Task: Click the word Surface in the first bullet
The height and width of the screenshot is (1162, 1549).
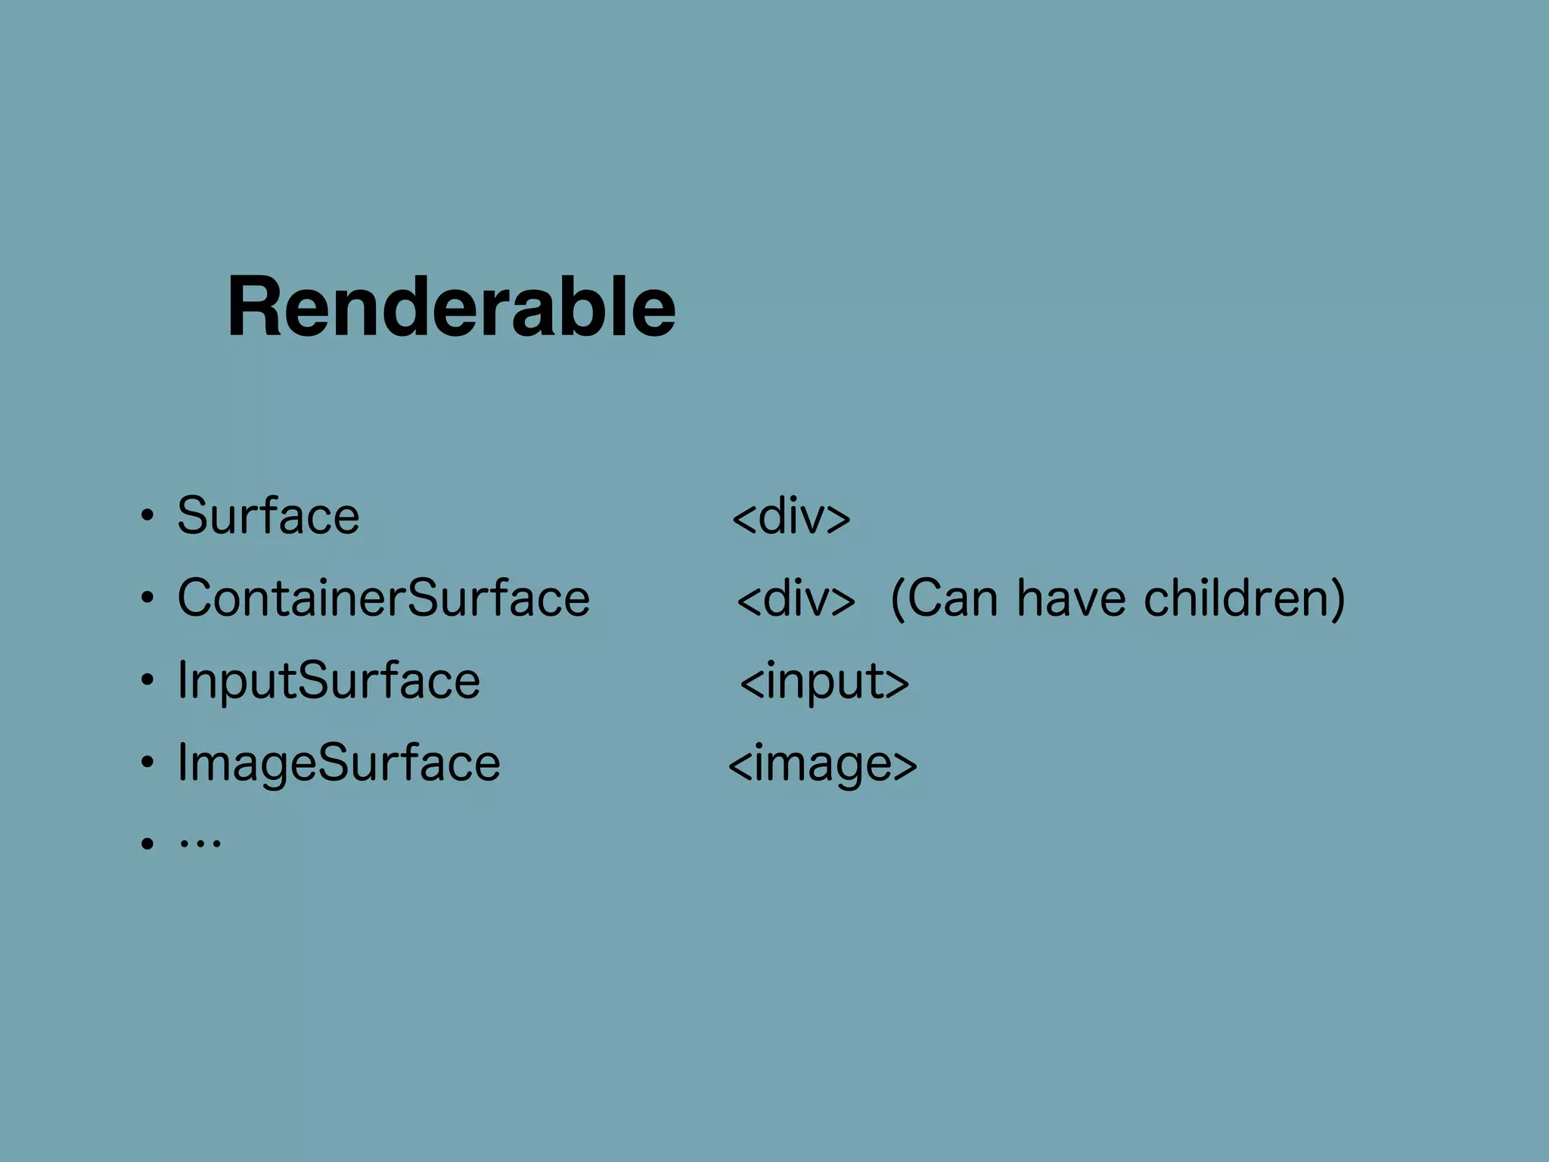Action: pyautogui.click(x=268, y=516)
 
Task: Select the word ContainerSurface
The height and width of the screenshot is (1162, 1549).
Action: pyautogui.click(x=383, y=598)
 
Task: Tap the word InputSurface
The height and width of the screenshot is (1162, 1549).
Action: pyautogui.click(x=328, y=680)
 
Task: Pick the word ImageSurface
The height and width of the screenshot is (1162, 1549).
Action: pyautogui.click(x=338, y=763)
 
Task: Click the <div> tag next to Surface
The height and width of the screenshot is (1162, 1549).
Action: pyautogui.click(x=791, y=517)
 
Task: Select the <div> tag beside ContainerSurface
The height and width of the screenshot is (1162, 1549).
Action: pyautogui.click(x=796, y=598)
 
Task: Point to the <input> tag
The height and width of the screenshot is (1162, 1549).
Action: pyautogui.click(x=824, y=682)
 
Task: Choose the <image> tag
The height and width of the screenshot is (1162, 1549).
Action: pyautogui.click(x=822, y=764)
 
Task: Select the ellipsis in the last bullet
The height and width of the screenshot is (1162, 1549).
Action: pyautogui.click(x=200, y=842)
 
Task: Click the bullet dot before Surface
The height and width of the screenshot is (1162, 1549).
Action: pyautogui.click(x=147, y=517)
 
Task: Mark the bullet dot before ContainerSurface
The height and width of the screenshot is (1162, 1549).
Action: pyautogui.click(x=147, y=598)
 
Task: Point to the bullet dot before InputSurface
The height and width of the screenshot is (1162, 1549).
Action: pyautogui.click(x=147, y=681)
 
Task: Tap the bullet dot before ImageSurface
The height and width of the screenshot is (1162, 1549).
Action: pyautogui.click(x=147, y=763)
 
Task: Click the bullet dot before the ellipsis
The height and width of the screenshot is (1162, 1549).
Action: pyautogui.click(x=147, y=843)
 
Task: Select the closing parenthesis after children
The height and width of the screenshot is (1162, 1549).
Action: pyautogui.click(x=1337, y=599)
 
